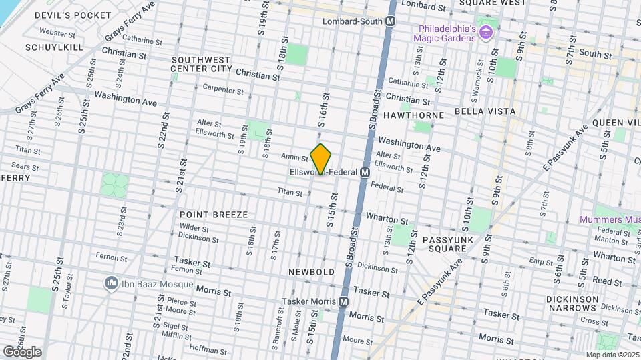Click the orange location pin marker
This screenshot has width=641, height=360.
coord(321,159)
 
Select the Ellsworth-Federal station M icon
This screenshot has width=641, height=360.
coord(365,173)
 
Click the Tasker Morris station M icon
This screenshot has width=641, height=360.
coord(344,301)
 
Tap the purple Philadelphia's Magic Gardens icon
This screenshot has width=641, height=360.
coord(487,33)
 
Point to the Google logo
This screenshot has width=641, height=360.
coord(22,351)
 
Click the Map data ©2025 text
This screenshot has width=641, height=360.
coord(612,355)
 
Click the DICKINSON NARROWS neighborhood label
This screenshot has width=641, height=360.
coord(572,303)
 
